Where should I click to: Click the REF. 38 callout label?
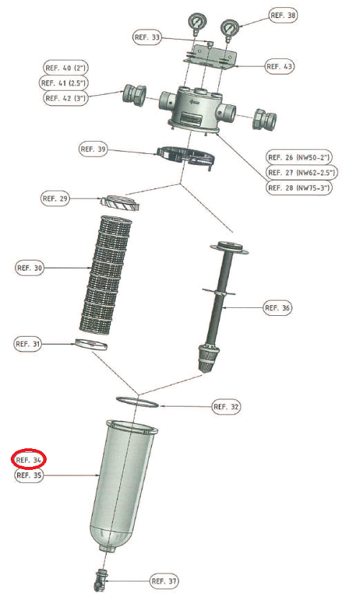(283, 15)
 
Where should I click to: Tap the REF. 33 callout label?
(147, 37)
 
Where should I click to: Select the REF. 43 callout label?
(279, 66)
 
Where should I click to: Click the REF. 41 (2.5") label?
(64, 83)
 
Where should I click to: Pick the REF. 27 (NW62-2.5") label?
(301, 172)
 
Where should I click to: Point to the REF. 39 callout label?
(93, 149)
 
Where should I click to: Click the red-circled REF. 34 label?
(29, 460)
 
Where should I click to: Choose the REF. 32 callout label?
(226, 407)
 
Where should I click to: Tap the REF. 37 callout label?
(164, 581)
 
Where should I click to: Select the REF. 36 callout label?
(277, 308)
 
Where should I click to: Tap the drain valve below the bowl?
(100, 580)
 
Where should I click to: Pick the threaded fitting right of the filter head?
(265, 118)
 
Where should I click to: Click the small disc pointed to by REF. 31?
(91, 344)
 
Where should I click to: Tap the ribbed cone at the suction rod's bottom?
(209, 357)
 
